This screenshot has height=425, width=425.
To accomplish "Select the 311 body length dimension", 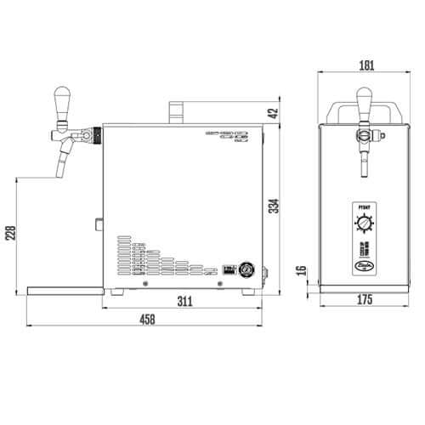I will [184, 300].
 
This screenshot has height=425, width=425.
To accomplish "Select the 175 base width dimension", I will [365, 300].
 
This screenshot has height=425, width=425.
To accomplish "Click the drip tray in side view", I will [65, 291].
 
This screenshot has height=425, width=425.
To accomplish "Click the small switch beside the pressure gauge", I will [228, 271].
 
